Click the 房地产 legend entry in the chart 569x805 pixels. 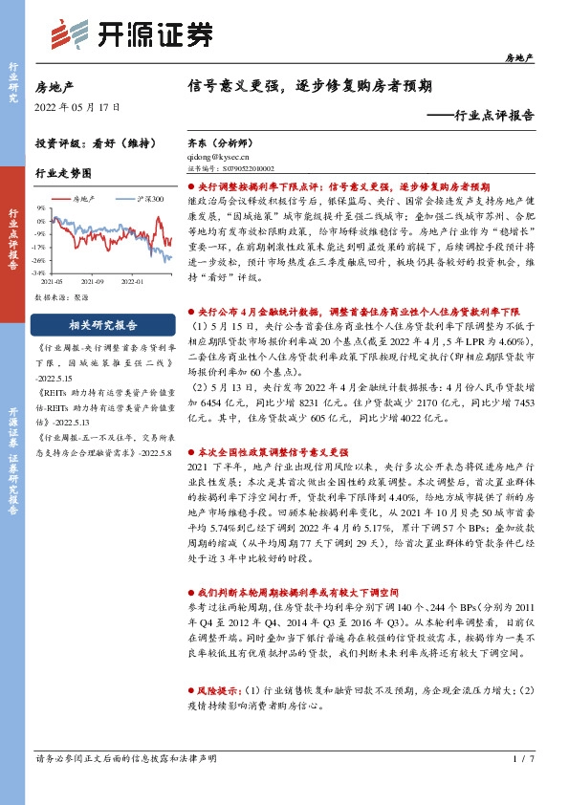coord(84,199)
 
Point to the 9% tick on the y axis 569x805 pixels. coord(40,207)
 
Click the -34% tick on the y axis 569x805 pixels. coord(38,272)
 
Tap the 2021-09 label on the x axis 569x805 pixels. coord(94,281)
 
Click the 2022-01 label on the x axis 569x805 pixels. coord(132,281)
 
